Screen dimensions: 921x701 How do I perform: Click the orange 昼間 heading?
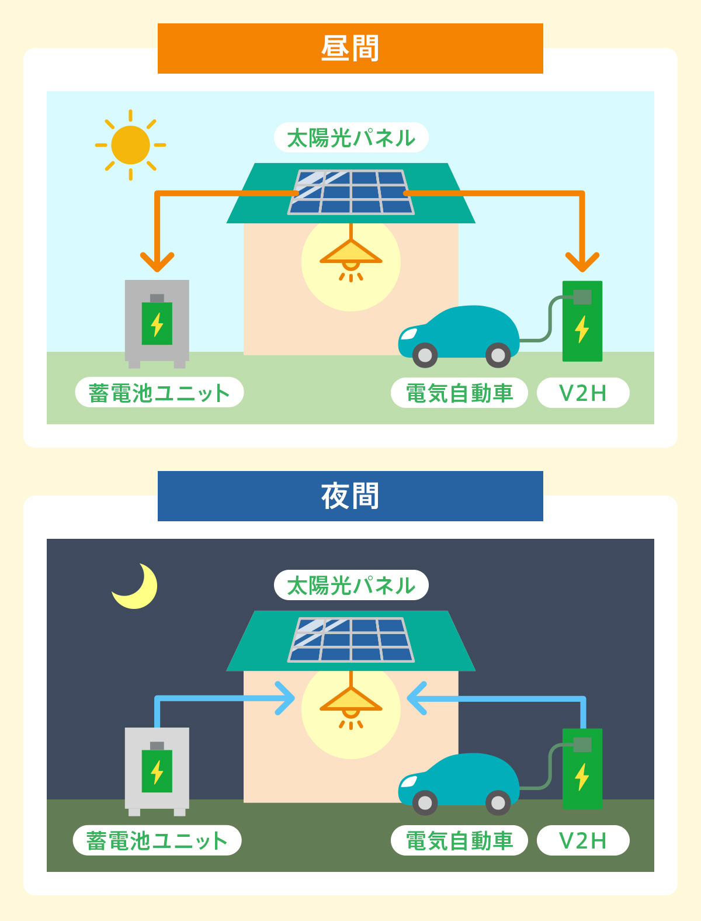(x=350, y=49)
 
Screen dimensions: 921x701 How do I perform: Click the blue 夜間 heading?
(x=350, y=496)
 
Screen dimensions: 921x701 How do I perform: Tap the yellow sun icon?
(x=130, y=145)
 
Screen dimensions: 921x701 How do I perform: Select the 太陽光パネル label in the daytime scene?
(x=351, y=138)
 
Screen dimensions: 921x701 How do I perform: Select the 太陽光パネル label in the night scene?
(x=351, y=586)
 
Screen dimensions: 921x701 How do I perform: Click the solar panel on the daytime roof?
(x=351, y=192)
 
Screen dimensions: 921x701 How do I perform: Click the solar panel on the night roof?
(x=351, y=640)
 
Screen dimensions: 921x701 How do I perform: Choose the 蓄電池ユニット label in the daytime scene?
(x=159, y=393)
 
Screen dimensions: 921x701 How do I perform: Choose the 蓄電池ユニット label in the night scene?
(x=157, y=840)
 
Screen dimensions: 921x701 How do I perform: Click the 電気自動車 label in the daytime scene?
(x=459, y=393)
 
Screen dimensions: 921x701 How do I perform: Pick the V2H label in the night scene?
(x=583, y=840)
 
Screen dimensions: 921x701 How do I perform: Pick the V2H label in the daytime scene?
(x=583, y=393)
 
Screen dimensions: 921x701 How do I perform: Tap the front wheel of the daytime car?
(x=425, y=355)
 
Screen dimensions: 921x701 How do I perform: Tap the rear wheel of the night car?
(x=498, y=803)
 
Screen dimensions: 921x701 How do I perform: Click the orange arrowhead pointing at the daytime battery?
(x=157, y=262)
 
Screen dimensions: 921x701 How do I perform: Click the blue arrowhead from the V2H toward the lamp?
(x=415, y=698)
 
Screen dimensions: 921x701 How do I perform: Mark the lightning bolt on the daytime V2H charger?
(x=582, y=329)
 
